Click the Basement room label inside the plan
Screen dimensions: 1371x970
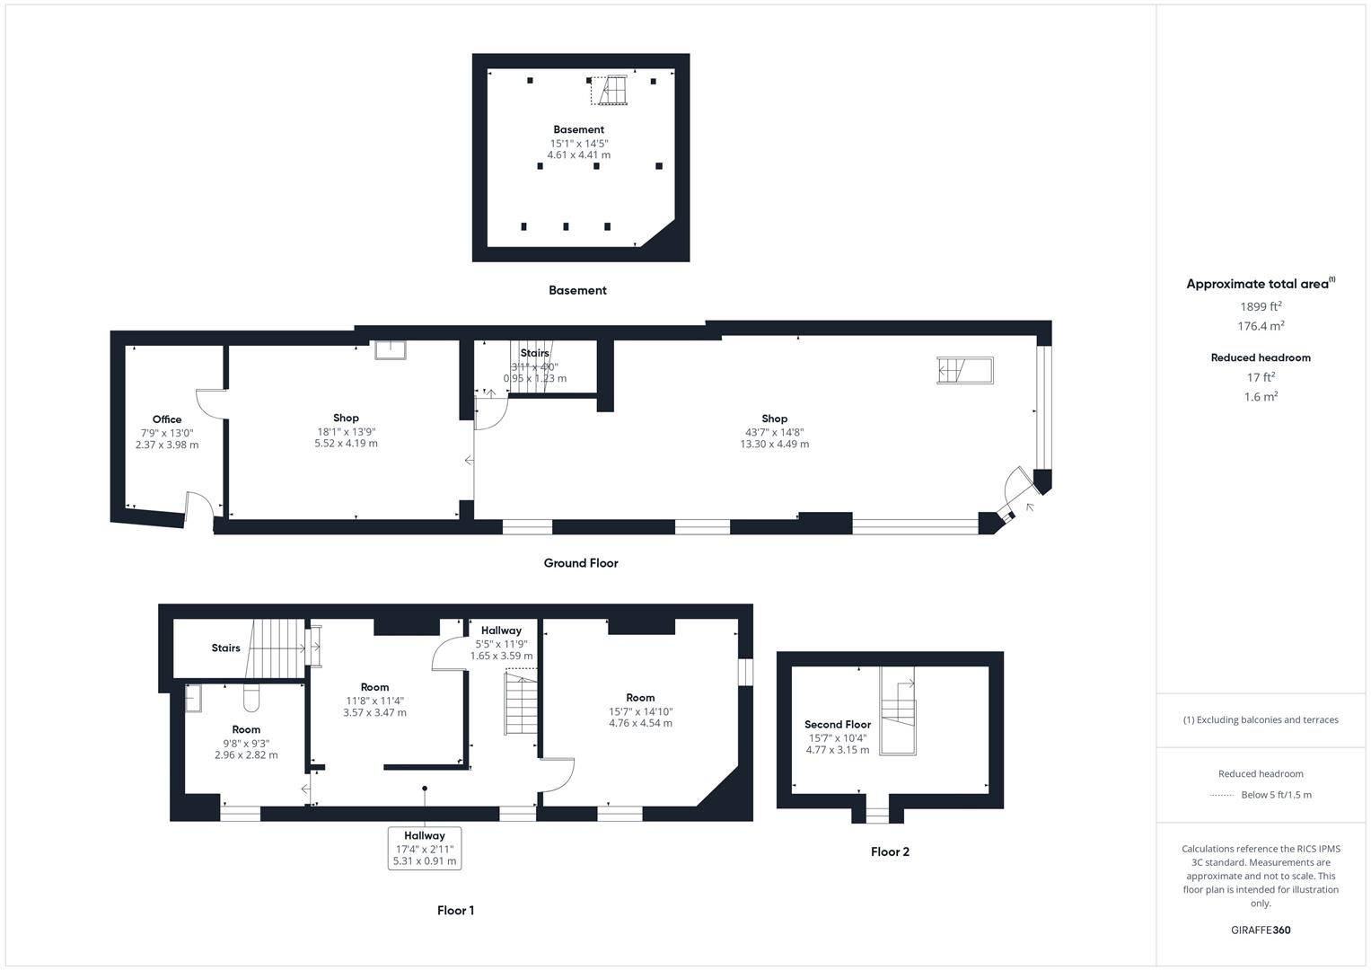(578, 129)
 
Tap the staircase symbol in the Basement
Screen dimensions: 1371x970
(610, 91)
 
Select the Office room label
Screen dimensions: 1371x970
(167, 419)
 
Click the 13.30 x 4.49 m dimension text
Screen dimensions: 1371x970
(774, 444)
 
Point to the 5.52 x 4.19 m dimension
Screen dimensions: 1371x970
(346, 444)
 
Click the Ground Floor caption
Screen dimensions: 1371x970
(581, 563)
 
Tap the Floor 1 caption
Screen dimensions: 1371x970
(455, 911)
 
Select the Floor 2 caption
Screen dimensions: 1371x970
(890, 851)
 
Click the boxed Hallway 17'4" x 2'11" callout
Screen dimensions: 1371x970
(425, 848)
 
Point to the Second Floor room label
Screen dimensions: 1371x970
(838, 725)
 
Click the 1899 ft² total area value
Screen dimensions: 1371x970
(1261, 306)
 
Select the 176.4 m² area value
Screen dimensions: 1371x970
(1261, 326)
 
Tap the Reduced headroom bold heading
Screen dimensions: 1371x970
(1261, 357)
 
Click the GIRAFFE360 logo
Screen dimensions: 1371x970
(1261, 930)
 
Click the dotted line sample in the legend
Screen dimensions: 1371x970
(1222, 796)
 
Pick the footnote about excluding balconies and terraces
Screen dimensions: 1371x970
(1261, 720)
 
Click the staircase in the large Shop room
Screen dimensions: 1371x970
(964, 370)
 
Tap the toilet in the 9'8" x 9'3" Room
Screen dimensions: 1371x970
(251, 698)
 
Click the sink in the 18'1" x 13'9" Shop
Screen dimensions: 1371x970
(391, 349)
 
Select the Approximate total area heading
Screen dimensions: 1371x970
(1261, 284)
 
